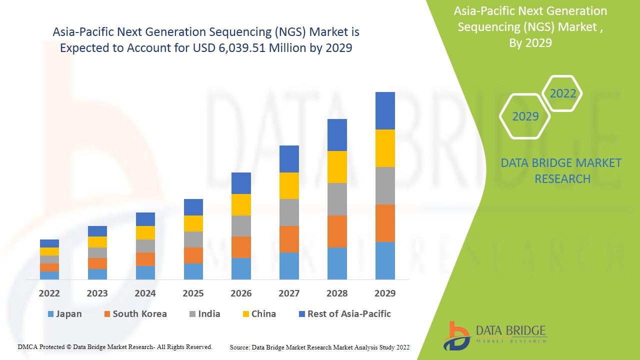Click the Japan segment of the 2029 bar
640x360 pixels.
click(x=385, y=260)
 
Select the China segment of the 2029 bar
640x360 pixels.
click(x=385, y=148)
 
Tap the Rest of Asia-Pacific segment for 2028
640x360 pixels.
click(x=337, y=135)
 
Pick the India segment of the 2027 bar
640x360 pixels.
click(x=289, y=212)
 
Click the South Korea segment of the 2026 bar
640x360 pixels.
click(x=241, y=247)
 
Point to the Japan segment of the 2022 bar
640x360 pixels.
click(x=49, y=275)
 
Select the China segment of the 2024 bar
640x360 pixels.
click(x=145, y=232)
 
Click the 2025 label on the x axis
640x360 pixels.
click(x=193, y=293)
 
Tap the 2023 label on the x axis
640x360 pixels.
click(x=97, y=293)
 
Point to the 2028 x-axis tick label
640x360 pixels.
click(x=337, y=293)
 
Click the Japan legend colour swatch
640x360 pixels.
click(x=50, y=314)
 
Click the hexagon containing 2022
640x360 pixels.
click(x=562, y=93)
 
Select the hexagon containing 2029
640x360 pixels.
click(x=525, y=116)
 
